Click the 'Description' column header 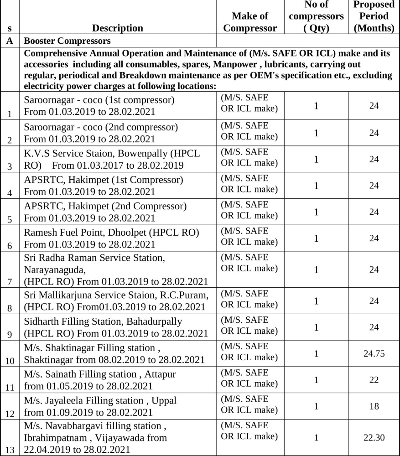click(117, 28)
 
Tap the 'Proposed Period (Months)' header click(374, 16)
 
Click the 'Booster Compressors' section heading click(67, 41)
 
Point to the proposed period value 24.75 click(374, 353)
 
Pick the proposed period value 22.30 click(374, 437)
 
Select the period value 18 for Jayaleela click(374, 406)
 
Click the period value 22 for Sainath click(374, 380)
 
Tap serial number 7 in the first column click(10, 281)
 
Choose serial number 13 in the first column click(10, 450)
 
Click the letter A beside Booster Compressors click(10, 41)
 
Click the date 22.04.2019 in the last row click(46, 449)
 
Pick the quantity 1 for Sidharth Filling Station click(316, 327)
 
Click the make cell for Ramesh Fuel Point click(249, 236)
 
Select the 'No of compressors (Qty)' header click(316, 16)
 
